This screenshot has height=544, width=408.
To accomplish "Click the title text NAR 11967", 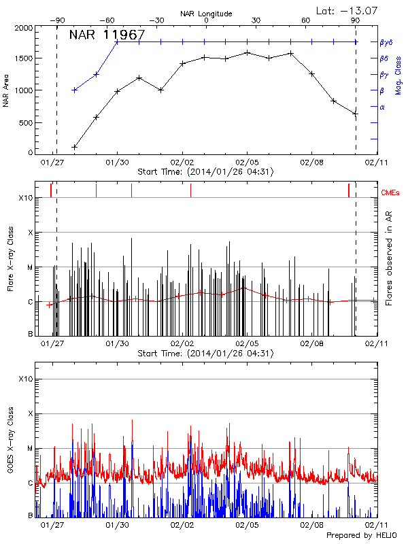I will [107, 35].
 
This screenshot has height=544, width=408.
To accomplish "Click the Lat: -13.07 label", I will [345, 10].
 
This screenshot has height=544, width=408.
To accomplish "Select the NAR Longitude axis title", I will [206, 13].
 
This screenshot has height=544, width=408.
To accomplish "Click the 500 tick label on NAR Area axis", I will [25, 122].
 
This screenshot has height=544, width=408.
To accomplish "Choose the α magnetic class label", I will [381, 107].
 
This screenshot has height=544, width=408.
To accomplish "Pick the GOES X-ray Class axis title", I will [11, 448].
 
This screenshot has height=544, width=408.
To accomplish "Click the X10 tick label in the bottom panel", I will [25, 379].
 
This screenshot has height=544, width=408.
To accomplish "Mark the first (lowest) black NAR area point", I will [75, 147].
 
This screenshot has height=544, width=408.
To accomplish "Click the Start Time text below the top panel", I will [205, 171].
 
